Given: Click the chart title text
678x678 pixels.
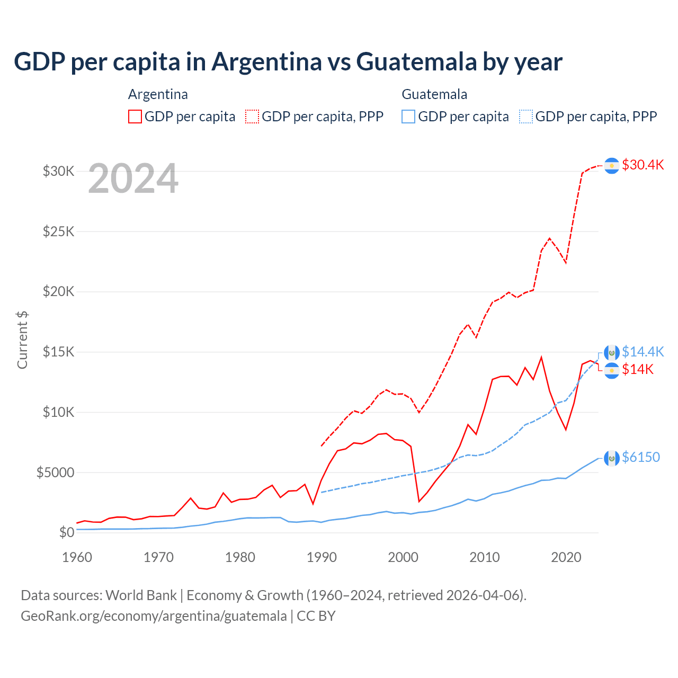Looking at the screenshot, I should tap(288, 62).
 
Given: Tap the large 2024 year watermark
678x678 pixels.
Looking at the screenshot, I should tap(133, 179).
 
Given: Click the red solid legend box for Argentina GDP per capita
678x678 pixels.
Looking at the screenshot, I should tap(135, 117).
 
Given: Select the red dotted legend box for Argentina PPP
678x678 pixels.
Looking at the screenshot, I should tap(252, 117).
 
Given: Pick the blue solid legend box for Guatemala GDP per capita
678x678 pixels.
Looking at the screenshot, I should tap(408, 117).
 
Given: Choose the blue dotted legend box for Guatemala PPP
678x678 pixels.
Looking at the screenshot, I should tap(526, 117).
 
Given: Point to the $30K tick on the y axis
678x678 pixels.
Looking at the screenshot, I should tap(59, 171).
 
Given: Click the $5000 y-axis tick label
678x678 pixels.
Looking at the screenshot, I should tap(56, 472).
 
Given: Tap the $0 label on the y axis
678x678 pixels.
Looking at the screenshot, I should tap(67, 532).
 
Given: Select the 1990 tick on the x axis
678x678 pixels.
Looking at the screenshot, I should tap(322, 557).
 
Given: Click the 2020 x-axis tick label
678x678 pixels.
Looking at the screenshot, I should tap(566, 557).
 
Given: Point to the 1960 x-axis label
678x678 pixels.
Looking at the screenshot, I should tap(77, 557).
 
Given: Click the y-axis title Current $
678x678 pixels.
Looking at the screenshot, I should tap(22, 340).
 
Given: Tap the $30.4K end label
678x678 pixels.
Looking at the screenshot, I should tap(643, 165).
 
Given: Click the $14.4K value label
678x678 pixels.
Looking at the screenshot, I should tap(643, 352).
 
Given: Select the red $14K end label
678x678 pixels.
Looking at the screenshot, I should tap(638, 369).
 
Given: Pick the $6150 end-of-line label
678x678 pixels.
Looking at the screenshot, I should tap(641, 457).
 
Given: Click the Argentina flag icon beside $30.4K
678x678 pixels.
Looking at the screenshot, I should tap(612, 166).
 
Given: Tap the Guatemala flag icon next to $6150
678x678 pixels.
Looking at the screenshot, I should tap(612, 458).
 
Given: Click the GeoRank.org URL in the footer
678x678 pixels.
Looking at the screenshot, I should tap(154, 616).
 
